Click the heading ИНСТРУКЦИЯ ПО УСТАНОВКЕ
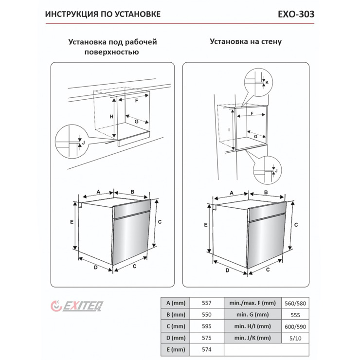click(x=102, y=14)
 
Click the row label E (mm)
click(x=174, y=349)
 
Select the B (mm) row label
click(x=174, y=315)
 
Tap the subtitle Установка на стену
click(x=246, y=42)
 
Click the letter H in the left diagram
click(x=111, y=117)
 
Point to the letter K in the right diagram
click(x=267, y=83)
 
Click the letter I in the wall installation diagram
click(x=228, y=129)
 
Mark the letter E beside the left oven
click(x=72, y=222)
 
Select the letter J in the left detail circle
click(x=83, y=143)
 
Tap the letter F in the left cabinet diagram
click(x=137, y=101)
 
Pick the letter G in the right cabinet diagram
click(x=255, y=137)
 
